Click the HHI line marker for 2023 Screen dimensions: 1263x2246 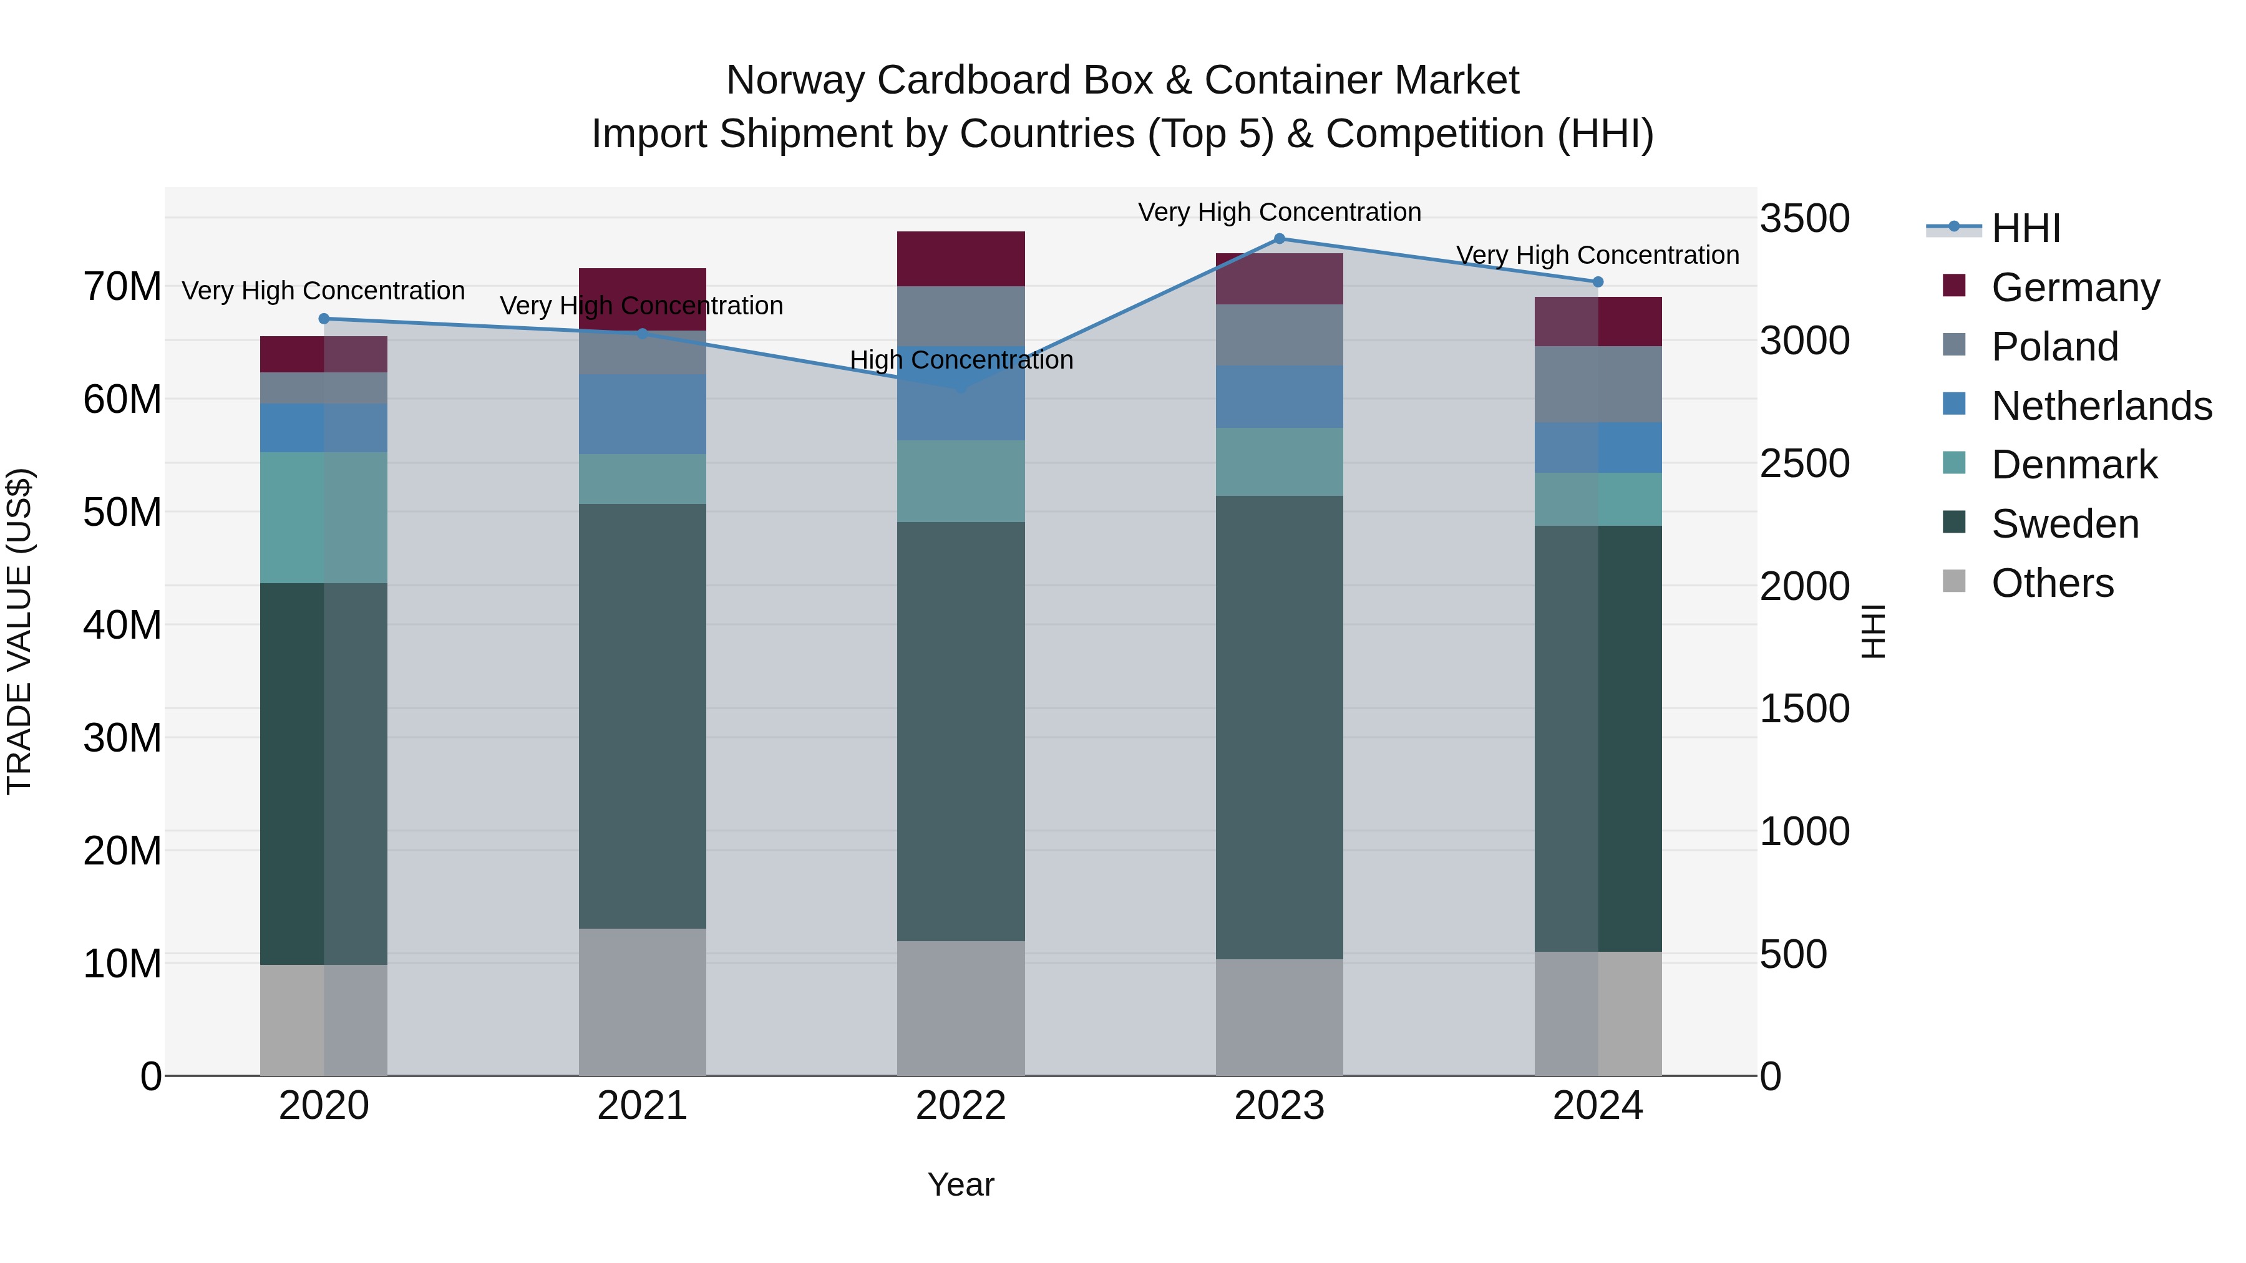1279,239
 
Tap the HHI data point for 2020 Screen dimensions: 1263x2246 324,319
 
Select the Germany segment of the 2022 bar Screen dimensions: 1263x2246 961,259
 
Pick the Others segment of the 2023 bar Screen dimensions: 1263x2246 1279,1017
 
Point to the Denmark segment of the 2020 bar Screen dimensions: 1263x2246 324,518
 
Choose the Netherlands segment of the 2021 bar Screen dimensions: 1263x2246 643,414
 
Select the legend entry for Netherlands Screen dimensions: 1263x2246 2101,406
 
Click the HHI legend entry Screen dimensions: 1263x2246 2025,228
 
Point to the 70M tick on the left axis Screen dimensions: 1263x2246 122,287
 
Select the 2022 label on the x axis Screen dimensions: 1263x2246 961,1106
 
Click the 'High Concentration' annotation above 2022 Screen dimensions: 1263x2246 961,360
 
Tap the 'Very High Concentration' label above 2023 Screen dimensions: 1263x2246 1279,212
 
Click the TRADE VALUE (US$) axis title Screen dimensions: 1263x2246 19,631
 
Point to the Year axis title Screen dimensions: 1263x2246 961,1184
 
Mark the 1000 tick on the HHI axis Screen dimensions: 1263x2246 1804,831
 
